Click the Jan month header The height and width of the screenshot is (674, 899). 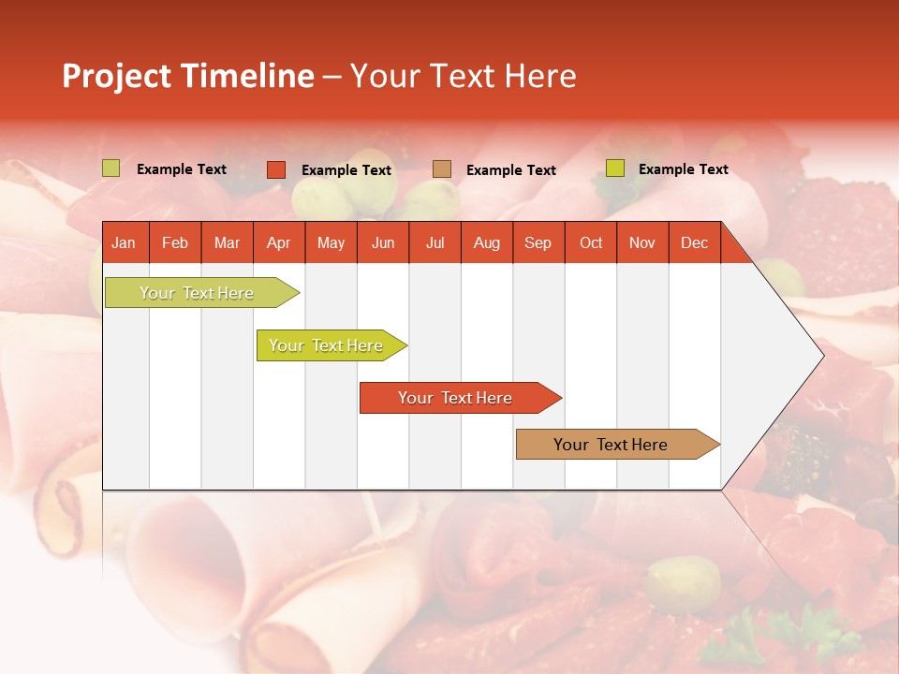click(x=124, y=242)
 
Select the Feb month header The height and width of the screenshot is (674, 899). click(x=175, y=242)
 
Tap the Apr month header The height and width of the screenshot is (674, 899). click(x=278, y=242)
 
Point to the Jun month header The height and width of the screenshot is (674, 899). click(x=383, y=242)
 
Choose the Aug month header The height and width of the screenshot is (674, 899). click(x=486, y=242)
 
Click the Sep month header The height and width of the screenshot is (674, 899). click(x=538, y=242)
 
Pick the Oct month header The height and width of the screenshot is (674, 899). click(x=591, y=242)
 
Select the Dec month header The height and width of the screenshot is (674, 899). click(x=694, y=242)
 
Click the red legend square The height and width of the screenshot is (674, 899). click(x=275, y=169)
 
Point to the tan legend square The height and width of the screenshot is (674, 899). click(x=442, y=169)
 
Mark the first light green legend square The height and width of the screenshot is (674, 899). click(x=111, y=168)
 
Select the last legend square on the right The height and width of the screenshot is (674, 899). click(x=614, y=168)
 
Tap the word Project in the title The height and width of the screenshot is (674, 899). click(x=114, y=76)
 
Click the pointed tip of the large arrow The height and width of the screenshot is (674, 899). click(x=821, y=355)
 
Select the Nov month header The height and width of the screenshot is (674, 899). click(x=641, y=242)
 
